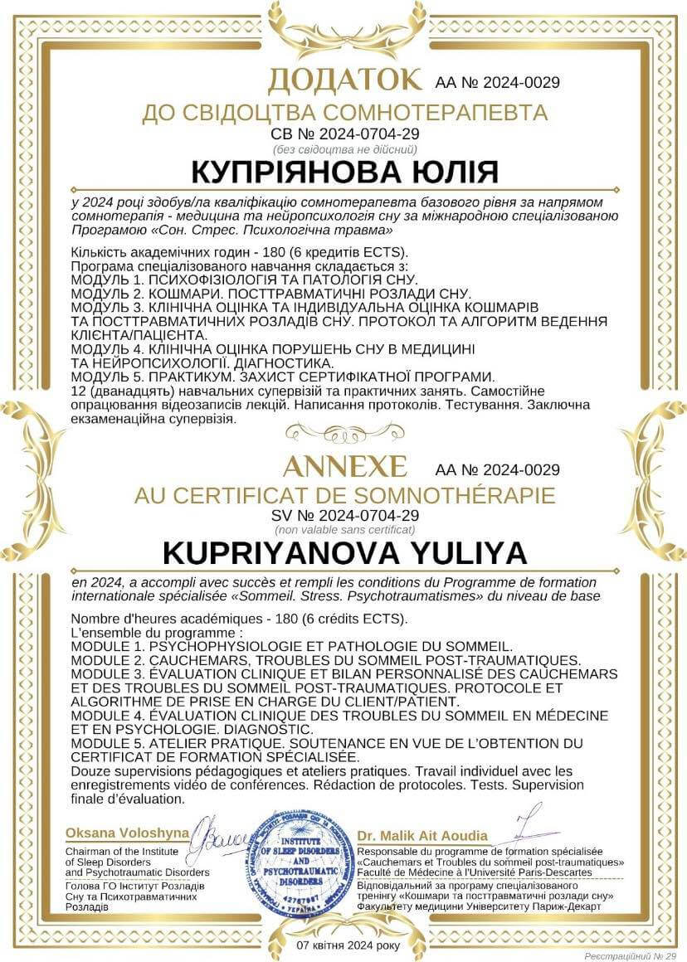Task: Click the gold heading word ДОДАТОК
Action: (x=343, y=80)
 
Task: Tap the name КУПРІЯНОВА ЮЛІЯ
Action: (x=343, y=172)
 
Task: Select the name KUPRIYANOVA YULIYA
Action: (x=343, y=554)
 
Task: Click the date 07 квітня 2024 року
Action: (x=348, y=945)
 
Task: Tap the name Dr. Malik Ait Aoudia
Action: (x=422, y=835)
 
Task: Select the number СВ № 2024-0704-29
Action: (x=343, y=133)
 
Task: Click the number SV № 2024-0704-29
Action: (x=343, y=515)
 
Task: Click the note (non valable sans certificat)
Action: (x=343, y=529)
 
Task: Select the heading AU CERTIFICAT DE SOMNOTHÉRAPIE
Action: (x=343, y=496)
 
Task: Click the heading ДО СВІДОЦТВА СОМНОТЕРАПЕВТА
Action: (x=343, y=113)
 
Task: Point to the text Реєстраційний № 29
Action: (x=631, y=955)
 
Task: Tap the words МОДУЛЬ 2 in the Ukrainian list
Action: (x=106, y=294)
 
